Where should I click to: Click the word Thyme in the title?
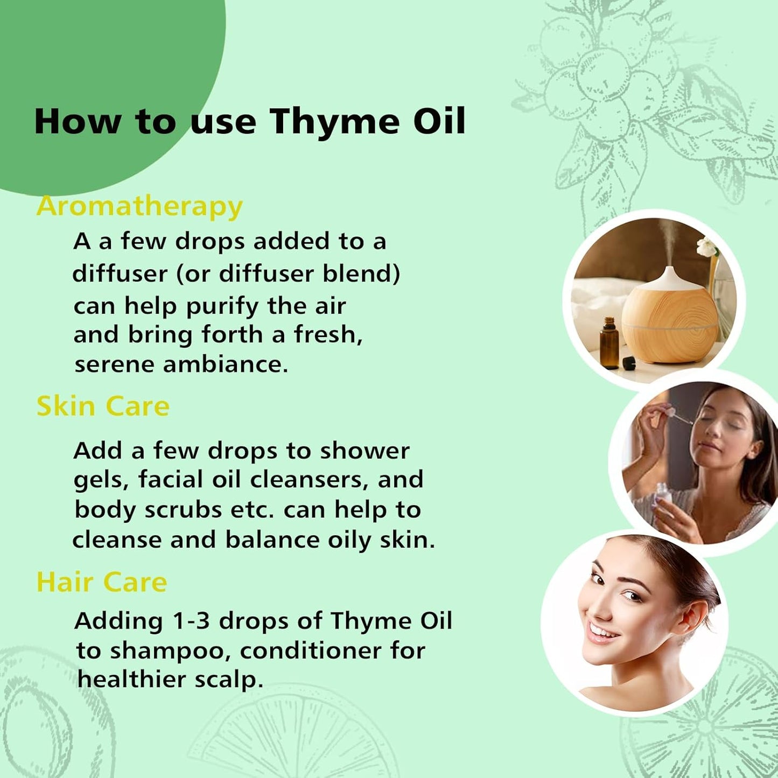coord(334,122)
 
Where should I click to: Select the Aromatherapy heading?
coord(139,206)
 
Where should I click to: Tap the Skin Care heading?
coord(103,406)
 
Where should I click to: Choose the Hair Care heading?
coord(102,582)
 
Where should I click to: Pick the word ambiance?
coord(226,365)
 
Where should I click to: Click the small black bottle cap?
coord(628,363)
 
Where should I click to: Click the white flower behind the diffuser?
coord(707,247)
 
